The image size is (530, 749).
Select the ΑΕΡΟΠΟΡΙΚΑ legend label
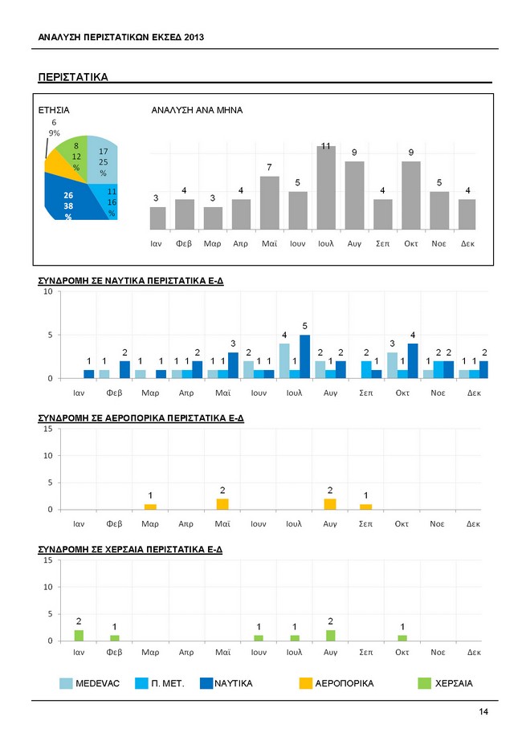tap(345, 683)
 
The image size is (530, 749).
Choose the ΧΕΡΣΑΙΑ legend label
tap(454, 683)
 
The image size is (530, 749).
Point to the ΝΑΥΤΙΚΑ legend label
tap(234, 683)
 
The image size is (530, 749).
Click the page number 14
tap(483, 712)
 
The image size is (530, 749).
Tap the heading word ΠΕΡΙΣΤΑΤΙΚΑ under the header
tap(73, 77)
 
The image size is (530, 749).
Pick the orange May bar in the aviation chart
tap(222, 504)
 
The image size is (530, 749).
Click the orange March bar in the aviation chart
tap(151, 507)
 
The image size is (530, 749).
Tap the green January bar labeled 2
tap(79, 636)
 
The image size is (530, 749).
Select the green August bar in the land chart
tap(330, 636)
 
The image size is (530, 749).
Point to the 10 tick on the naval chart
tap(48, 292)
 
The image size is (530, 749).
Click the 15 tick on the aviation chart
tap(48, 429)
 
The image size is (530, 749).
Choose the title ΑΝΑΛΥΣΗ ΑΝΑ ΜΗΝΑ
tap(197, 110)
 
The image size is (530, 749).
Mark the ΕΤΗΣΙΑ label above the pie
tap(54, 110)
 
